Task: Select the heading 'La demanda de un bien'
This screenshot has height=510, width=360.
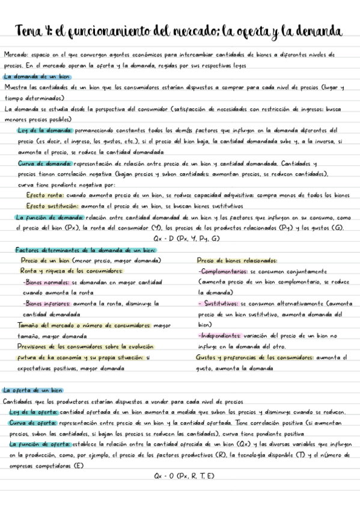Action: click(36, 77)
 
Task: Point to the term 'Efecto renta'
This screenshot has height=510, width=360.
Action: click(48, 195)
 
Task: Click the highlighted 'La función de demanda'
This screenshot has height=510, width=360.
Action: click(50, 217)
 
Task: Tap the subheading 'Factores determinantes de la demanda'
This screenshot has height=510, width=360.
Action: click(85, 250)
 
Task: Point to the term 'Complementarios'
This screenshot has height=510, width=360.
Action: click(223, 271)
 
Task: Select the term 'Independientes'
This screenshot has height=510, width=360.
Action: click(221, 336)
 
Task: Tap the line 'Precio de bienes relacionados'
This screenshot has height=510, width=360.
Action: click(237, 260)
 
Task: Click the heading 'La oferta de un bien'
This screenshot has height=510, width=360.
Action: click(33, 390)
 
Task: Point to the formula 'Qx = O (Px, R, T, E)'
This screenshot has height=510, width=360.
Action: click(185, 477)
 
